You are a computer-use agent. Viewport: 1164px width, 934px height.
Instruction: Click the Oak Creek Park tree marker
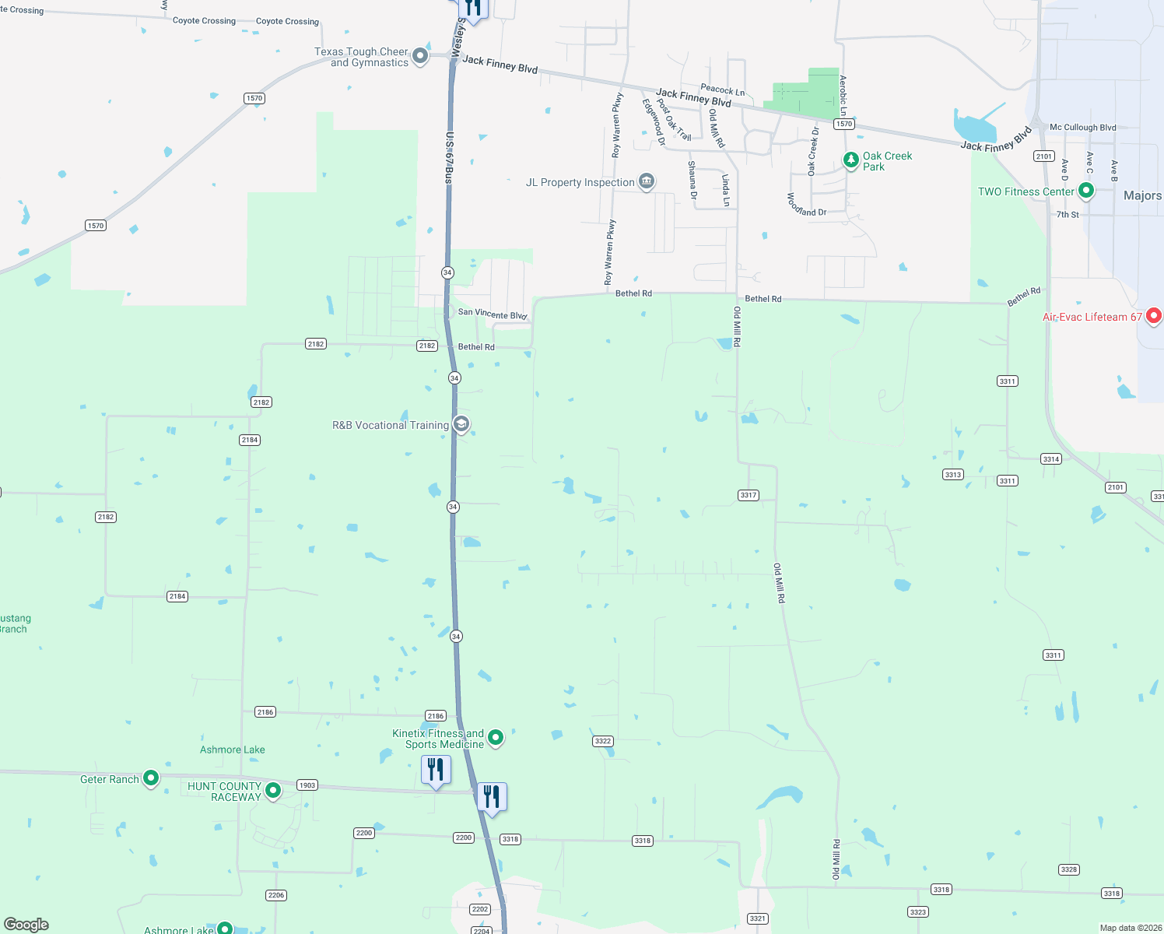coord(851,160)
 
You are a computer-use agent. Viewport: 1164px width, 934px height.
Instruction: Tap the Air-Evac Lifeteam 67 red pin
coord(1154,315)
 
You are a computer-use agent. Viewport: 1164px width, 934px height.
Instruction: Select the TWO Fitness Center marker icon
coord(1086,190)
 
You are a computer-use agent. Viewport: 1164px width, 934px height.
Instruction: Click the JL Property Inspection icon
coord(646,181)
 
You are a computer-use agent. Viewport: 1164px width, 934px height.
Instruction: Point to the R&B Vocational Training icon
coord(461,424)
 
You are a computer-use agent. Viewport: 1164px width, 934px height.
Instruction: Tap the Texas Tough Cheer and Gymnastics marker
coord(420,55)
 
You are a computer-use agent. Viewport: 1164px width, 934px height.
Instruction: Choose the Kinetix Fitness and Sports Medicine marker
coord(496,737)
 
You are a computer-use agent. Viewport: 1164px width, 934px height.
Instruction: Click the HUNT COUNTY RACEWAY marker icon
coord(273,790)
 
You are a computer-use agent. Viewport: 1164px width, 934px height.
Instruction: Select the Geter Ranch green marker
coord(151,778)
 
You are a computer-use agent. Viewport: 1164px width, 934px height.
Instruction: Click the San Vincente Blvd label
coord(493,314)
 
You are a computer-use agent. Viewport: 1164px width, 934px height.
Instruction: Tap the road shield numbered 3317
coord(749,495)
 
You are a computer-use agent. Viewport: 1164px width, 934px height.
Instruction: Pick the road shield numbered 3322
coord(603,741)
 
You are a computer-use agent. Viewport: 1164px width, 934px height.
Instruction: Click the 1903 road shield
coord(307,785)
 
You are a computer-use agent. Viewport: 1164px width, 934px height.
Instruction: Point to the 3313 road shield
coord(953,474)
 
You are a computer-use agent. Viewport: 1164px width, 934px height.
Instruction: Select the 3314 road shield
coord(1051,459)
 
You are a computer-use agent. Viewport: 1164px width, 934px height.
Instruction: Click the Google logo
coord(26,925)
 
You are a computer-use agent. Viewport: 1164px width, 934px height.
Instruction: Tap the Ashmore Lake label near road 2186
coord(232,750)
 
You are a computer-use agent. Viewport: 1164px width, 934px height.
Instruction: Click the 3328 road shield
coord(1069,869)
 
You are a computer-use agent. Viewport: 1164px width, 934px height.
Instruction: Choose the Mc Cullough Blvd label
coord(1082,128)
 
